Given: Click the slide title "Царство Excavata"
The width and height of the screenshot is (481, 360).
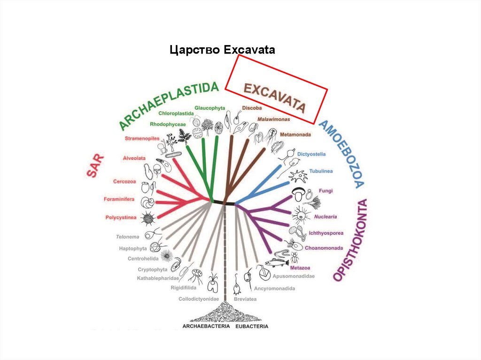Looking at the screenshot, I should tap(222, 50).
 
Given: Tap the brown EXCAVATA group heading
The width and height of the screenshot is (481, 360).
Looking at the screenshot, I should tap(274, 98).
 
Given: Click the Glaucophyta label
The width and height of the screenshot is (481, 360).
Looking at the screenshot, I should tap(209, 107).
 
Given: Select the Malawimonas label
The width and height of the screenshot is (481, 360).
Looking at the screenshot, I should tap(273, 119).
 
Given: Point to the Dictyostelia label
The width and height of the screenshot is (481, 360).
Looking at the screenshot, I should tap(311, 154).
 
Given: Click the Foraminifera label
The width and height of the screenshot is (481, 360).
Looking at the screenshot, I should tap(120, 199).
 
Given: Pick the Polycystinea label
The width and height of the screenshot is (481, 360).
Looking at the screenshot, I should tap(121, 217).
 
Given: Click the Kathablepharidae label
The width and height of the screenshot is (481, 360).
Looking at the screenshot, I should tap(158, 278).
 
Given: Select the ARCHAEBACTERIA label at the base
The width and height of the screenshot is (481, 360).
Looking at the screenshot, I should tap(205, 326).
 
